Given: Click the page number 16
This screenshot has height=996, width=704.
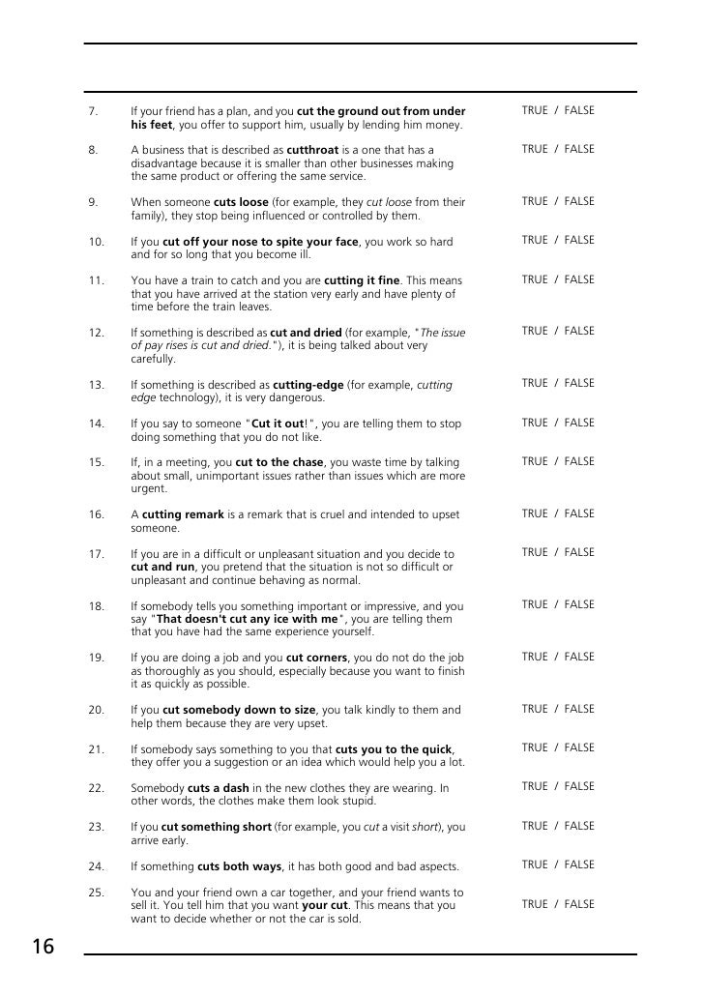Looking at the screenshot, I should (x=42, y=948).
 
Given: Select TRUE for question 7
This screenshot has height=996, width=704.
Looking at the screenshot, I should (x=535, y=110).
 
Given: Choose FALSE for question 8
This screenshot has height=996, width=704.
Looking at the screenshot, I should (x=579, y=149).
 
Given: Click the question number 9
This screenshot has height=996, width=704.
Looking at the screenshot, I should (x=93, y=202).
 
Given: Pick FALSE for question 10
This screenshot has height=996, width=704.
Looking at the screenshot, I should (x=579, y=240).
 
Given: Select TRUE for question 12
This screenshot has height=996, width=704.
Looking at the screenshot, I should (x=535, y=331).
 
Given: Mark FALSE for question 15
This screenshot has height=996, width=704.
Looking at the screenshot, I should (x=579, y=461).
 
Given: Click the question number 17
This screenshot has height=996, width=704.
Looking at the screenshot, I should (x=96, y=554).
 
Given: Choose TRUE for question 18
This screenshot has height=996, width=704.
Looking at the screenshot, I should (x=535, y=604).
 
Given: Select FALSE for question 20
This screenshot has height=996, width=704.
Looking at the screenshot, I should (x=579, y=709).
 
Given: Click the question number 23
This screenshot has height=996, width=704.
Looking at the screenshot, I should (x=96, y=828).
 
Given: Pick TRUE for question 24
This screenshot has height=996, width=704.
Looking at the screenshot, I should (x=535, y=864).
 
